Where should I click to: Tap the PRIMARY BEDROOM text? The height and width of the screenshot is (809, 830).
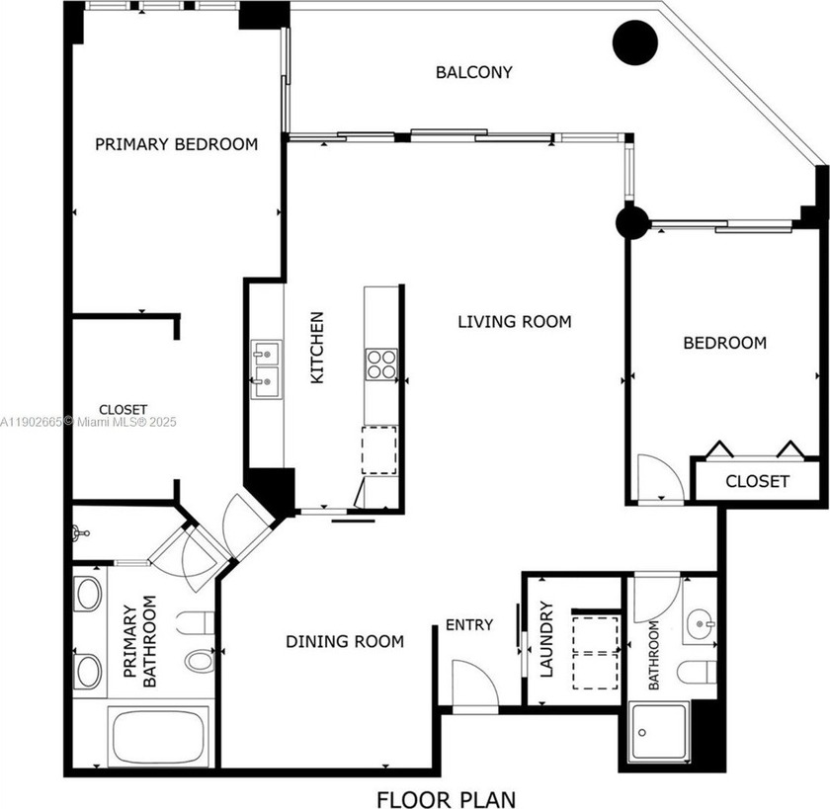pyautogui.click(x=176, y=144)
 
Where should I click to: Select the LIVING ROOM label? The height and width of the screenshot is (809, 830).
pyautogui.click(x=514, y=321)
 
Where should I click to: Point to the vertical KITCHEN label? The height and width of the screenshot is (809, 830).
pyautogui.click(x=317, y=348)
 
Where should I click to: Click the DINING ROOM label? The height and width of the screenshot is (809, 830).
pyautogui.click(x=345, y=641)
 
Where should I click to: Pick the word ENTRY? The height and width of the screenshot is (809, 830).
pyautogui.click(x=468, y=624)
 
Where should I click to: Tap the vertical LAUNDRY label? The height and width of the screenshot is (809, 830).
pyautogui.click(x=546, y=640)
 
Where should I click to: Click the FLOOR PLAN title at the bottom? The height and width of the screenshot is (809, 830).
pyautogui.click(x=445, y=797)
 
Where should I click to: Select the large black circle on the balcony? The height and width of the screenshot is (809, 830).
pyautogui.click(x=635, y=42)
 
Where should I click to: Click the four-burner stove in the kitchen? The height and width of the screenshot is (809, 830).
pyautogui.click(x=380, y=364)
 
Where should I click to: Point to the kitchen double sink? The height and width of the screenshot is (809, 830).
pyautogui.click(x=265, y=368)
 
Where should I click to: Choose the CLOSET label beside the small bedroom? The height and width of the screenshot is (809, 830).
pyautogui.click(x=757, y=481)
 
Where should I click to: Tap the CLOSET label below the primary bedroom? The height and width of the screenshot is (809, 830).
pyautogui.click(x=123, y=409)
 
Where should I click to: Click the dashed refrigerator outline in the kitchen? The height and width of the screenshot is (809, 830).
pyautogui.click(x=378, y=449)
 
